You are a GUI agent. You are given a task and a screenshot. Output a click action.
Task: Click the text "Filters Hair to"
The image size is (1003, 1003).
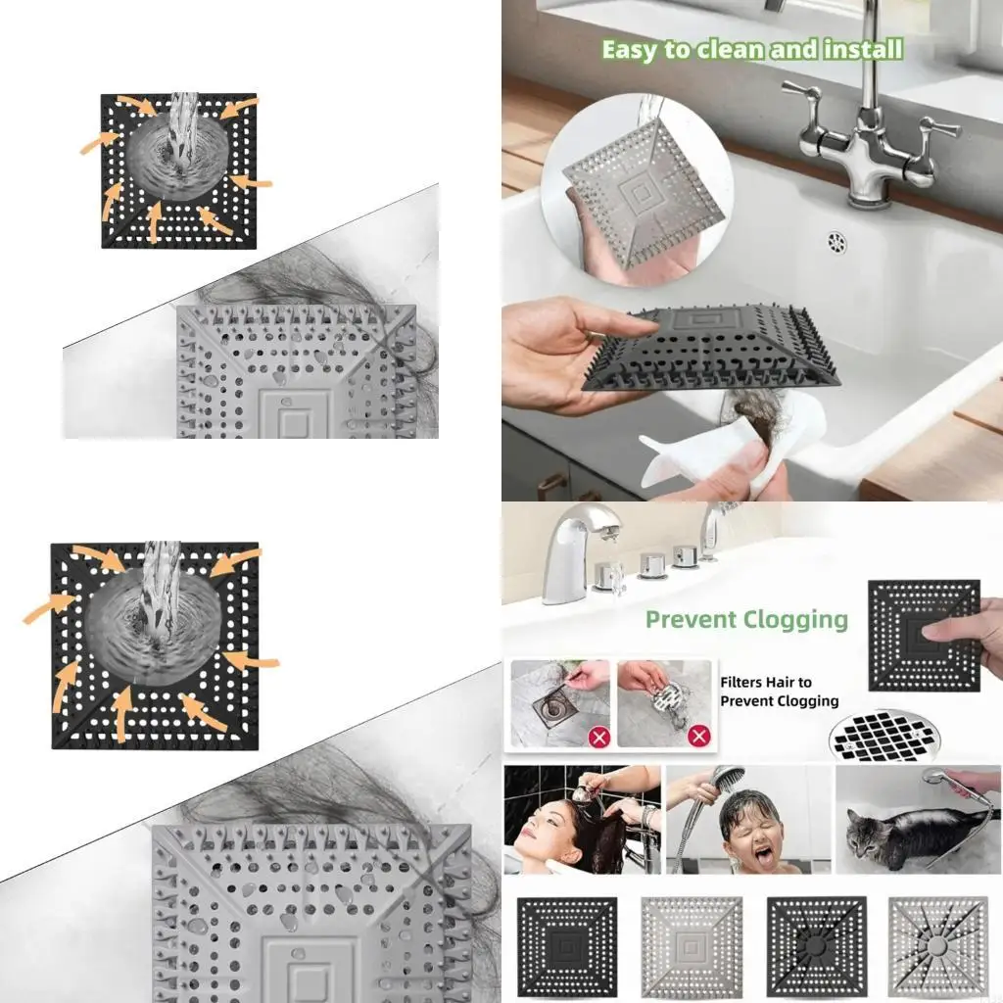(x=766, y=683)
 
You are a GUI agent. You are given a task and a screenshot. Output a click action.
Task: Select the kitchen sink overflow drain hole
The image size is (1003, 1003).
(x=836, y=240)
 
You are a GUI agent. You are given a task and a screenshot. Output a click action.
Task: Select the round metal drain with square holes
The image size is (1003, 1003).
(x=883, y=736)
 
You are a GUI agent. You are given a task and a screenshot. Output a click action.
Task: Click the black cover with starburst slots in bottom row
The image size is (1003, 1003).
(x=816, y=946)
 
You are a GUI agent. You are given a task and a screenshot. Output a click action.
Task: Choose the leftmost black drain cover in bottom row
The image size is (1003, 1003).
(x=567, y=946)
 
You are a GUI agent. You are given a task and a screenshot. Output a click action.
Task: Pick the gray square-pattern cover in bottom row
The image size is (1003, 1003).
(x=692, y=946)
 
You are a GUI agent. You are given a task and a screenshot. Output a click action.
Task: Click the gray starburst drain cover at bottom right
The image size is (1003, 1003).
(x=938, y=946)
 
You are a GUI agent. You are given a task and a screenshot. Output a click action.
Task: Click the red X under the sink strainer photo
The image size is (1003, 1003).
(x=698, y=736)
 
